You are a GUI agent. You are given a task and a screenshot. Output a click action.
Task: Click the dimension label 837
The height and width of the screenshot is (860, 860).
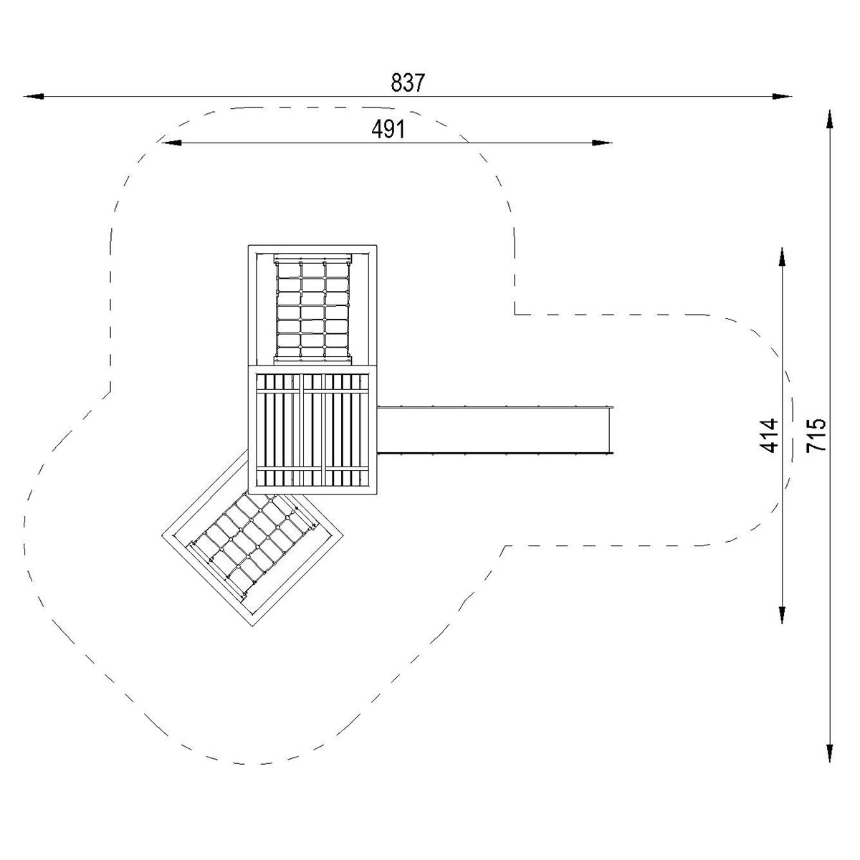coord(408,82)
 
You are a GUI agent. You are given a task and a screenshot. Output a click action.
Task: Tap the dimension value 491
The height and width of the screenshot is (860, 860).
coord(388,130)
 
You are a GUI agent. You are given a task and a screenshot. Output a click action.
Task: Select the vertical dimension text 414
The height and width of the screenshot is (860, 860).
coord(768,435)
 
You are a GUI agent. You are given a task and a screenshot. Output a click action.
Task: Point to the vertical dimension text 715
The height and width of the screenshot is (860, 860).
coord(816,435)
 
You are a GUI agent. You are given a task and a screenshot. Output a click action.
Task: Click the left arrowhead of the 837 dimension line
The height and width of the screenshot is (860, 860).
coord(34,96)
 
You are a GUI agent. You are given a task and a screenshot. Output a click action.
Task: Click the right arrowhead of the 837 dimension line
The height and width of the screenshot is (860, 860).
coord(783,96)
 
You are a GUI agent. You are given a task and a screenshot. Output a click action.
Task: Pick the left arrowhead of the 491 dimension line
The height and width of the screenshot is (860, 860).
coord(171,143)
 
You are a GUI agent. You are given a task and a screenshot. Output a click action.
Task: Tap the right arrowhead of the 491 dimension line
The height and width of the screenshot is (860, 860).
coord(602,143)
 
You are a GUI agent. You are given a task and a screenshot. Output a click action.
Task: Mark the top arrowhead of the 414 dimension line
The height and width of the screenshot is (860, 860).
coord(781,258)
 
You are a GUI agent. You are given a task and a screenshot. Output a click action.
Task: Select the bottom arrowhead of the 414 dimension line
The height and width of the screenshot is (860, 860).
coord(781,613)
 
